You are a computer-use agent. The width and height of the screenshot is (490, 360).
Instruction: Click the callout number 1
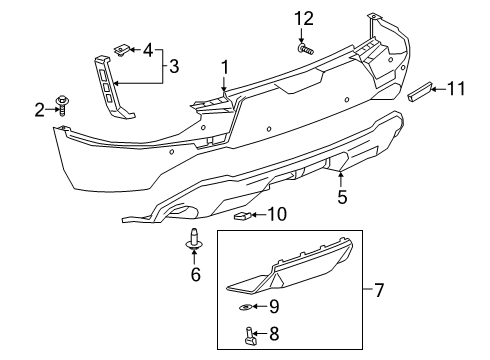coord(225,68)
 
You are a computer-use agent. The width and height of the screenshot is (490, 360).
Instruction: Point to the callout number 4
coord(148,48)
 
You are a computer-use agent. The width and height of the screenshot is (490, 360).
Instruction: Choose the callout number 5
coord(341,197)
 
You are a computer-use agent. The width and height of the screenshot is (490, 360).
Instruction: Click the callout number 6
coord(196,273)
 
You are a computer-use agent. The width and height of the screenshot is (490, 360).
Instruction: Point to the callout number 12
coord(303,18)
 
